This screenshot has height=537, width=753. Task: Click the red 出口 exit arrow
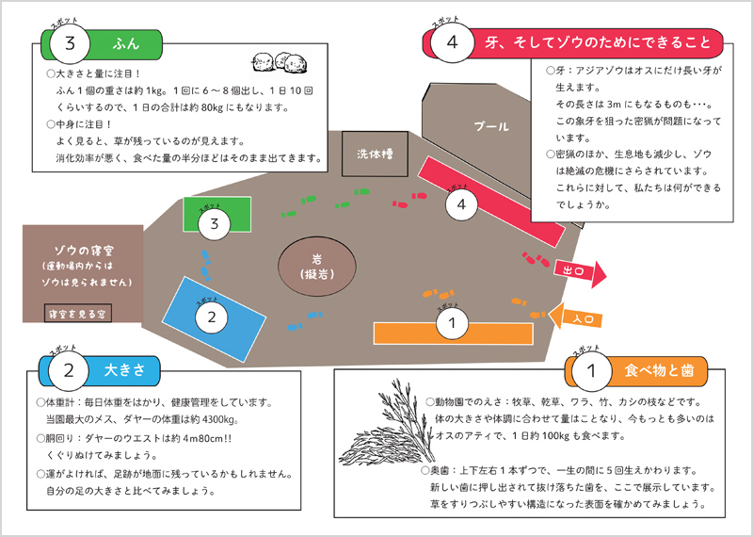[x=580, y=270]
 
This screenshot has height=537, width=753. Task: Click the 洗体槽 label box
[x=374, y=153]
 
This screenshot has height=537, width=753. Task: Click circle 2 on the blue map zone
[x=212, y=317]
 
